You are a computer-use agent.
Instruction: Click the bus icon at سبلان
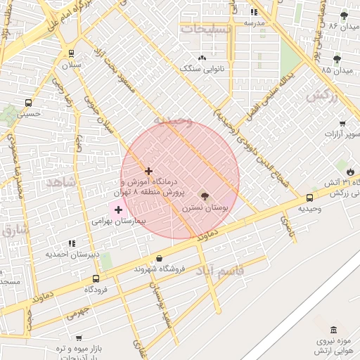pyautogui.click(x=71, y=53)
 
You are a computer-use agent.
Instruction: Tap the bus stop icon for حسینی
pyautogui.click(x=28, y=103)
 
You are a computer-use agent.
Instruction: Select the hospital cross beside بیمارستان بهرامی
pyautogui.click(x=118, y=210)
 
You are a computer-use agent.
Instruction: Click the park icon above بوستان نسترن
pyautogui.click(x=205, y=196)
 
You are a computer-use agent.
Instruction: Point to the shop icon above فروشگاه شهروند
pyautogui.click(x=159, y=258)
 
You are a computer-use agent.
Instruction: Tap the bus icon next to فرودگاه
pyautogui.click(x=96, y=278)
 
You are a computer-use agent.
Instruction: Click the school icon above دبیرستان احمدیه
pyautogui.click(x=72, y=243)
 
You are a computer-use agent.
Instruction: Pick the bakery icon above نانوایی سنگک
pyautogui.click(x=202, y=58)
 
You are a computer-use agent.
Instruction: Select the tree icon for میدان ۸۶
pyautogui.click(x=344, y=15)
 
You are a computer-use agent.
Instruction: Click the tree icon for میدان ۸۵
pyautogui.click(x=337, y=59)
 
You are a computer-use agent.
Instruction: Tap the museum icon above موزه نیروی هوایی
pyautogui.click(x=333, y=330)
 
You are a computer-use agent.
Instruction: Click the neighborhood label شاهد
pyautogui.click(x=60, y=183)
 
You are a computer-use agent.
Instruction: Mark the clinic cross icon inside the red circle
pyautogui.click(x=148, y=171)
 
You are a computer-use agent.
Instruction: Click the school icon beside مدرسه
pyautogui.click(x=254, y=12)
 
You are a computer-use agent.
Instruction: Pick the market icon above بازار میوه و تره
pyautogui.click(x=79, y=337)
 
